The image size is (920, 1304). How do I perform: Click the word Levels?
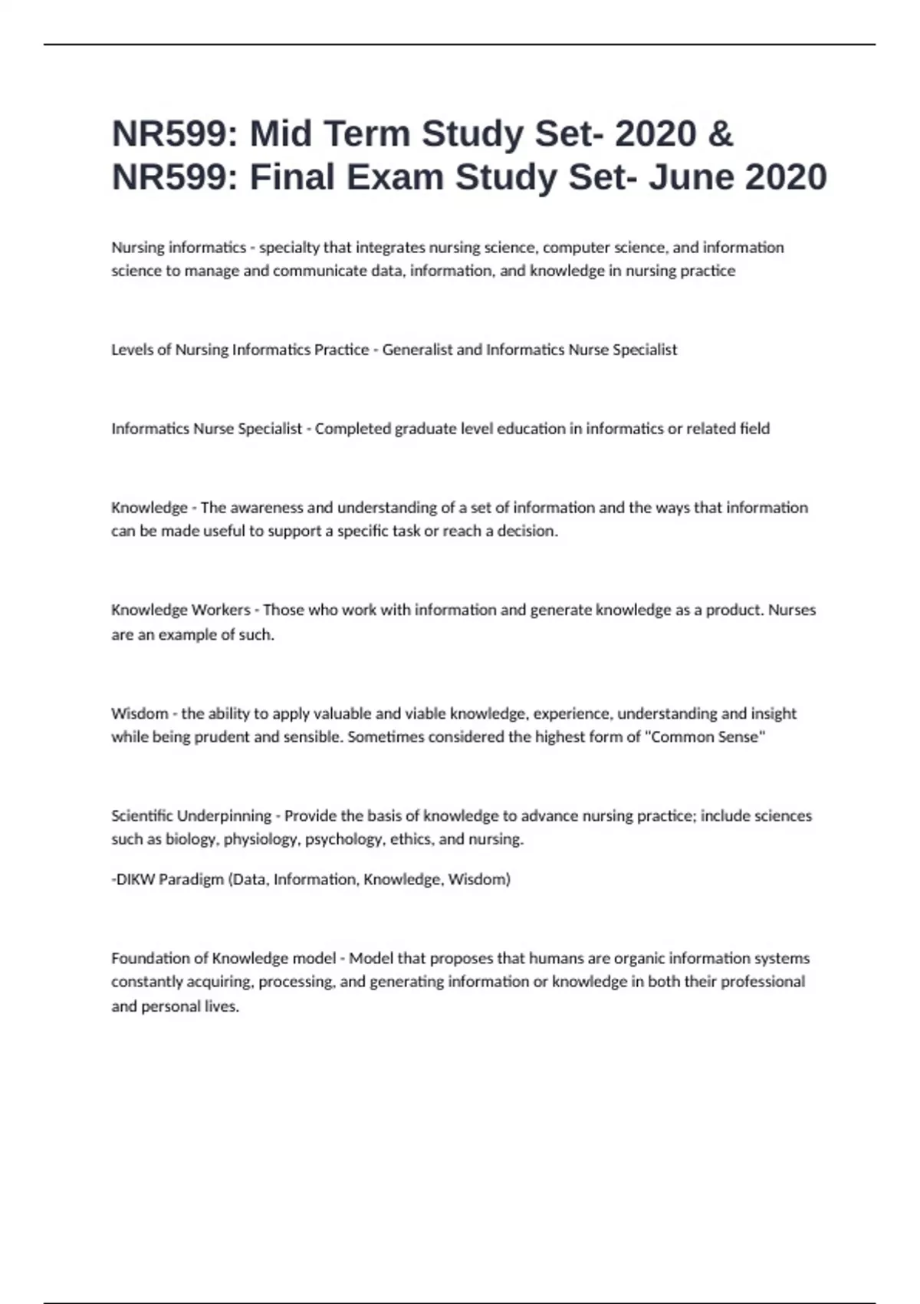[132, 350]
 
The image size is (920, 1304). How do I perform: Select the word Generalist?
[417, 350]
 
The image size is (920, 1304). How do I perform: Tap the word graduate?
[426, 429]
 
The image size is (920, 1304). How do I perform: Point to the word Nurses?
[792, 610]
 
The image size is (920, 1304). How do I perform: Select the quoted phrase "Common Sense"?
[707, 737]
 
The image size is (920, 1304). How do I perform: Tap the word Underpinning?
[224, 816]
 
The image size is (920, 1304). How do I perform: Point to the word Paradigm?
[191, 879]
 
